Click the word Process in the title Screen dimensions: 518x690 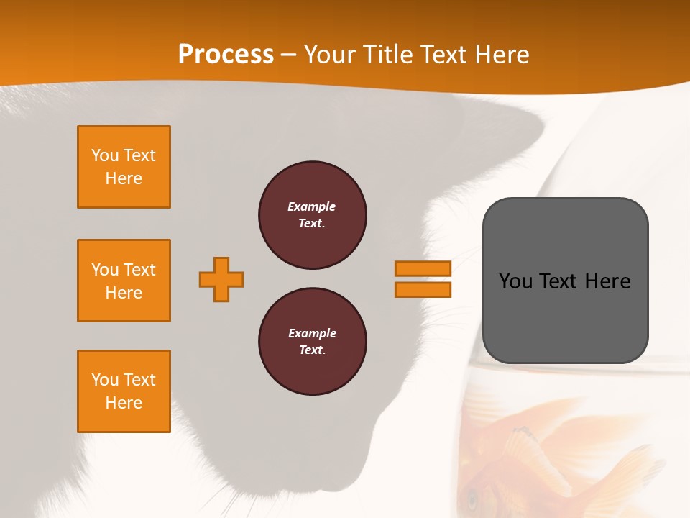point(226,54)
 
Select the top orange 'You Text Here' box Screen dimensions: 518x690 point(124,167)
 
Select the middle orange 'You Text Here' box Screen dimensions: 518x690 point(124,281)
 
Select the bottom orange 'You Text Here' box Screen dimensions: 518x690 point(124,391)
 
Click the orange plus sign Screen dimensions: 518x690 point(221,279)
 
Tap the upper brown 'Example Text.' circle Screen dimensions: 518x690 point(313,215)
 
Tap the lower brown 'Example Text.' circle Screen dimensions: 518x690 point(313,342)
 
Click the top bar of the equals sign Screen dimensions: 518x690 point(423,268)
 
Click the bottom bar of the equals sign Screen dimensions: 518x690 point(423,289)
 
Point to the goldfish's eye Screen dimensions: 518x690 point(473,497)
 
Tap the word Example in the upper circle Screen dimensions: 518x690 point(311,206)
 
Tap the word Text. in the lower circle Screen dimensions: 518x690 point(312,350)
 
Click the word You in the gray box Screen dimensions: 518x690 point(515,281)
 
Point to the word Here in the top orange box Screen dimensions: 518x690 point(124,178)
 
